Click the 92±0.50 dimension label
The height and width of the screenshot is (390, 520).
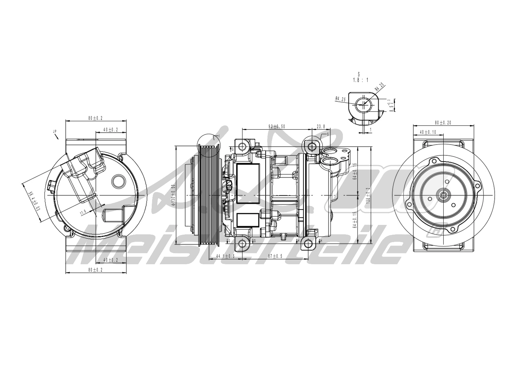(x=276, y=126)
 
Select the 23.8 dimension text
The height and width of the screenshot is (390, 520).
(x=321, y=126)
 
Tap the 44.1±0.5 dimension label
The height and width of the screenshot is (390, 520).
(x=225, y=256)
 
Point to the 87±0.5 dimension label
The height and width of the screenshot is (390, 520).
(x=275, y=256)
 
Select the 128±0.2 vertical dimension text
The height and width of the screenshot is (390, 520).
(x=368, y=195)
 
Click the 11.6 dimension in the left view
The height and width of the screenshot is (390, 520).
(x=83, y=212)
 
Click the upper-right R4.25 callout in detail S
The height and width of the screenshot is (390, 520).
(x=379, y=87)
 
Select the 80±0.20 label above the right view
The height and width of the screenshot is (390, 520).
(x=443, y=123)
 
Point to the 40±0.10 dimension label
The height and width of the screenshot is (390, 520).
(x=428, y=132)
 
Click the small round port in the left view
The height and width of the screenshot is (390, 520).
(x=118, y=181)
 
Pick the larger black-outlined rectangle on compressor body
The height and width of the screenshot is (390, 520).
(x=248, y=184)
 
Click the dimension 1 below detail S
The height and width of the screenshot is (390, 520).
(x=370, y=129)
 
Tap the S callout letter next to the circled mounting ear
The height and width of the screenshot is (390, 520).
(x=328, y=134)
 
